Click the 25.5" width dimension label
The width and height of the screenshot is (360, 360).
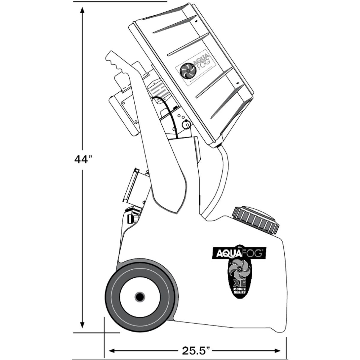coord(195,350)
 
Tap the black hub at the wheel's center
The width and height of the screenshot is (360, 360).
coord(139,297)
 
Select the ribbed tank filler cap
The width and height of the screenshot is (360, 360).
coord(256,219)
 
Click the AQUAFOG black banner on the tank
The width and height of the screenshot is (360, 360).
coord(239,253)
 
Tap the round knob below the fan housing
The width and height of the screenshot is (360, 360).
coord(187,124)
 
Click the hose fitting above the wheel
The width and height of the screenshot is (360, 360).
coord(131,217)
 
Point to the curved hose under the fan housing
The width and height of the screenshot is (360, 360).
coord(219,180)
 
